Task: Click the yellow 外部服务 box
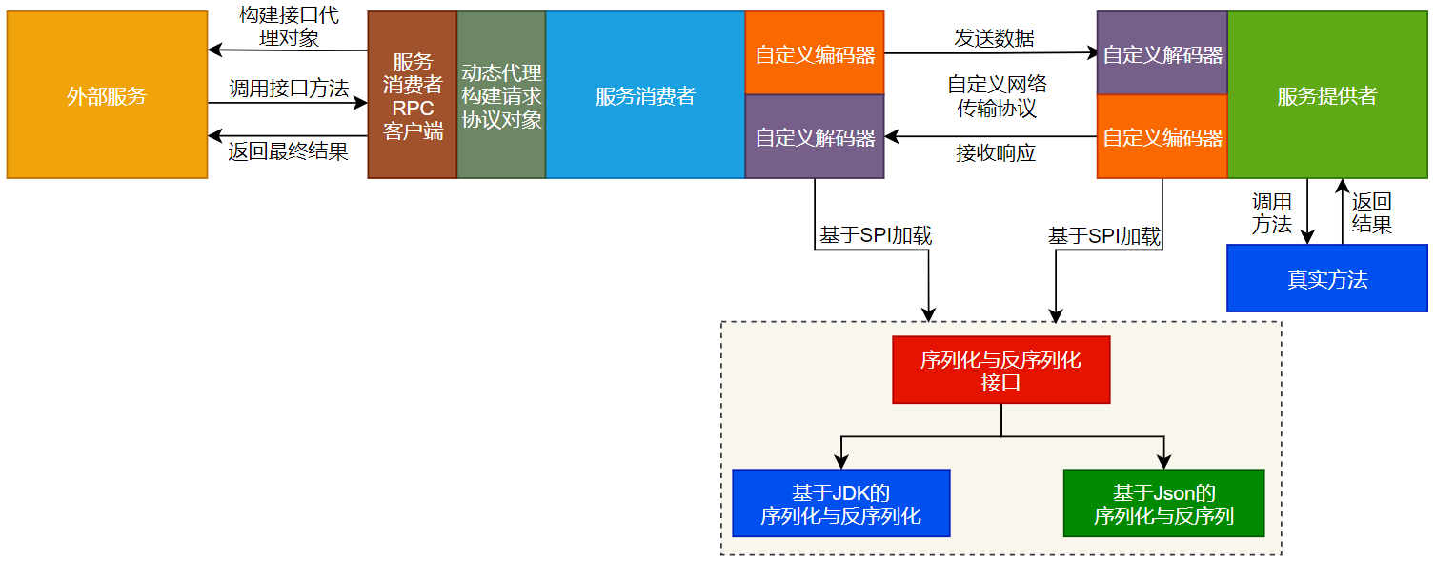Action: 107,95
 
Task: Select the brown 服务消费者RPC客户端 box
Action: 413,95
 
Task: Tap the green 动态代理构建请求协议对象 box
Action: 501,95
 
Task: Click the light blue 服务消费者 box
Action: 645,95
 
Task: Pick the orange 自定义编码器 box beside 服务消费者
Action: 815,54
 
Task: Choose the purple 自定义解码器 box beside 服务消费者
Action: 815,137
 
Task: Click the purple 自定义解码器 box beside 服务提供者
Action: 1162,54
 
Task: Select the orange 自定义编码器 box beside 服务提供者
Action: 1162,137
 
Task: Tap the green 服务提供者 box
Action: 1326,95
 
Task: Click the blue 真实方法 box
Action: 1326,279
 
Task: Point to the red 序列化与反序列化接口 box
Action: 1000,371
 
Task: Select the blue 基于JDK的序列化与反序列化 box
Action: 840,504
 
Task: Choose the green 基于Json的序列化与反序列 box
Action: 1163,504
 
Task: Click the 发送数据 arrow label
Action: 994,38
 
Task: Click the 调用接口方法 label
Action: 288,89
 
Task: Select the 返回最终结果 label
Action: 288,150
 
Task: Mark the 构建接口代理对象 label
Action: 288,27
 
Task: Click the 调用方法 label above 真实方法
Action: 1271,213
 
